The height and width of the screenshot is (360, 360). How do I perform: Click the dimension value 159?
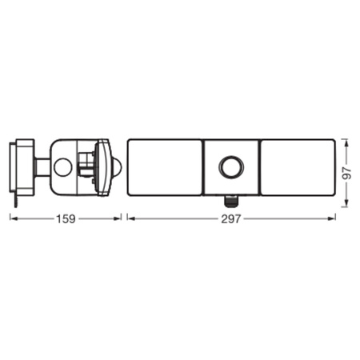[66, 219]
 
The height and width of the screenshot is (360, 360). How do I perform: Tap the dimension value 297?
[231, 219]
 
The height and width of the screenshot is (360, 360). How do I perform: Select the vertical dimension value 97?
[347, 174]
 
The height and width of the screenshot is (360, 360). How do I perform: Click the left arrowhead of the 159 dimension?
[14, 218]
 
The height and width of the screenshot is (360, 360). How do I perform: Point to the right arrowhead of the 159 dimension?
[118, 218]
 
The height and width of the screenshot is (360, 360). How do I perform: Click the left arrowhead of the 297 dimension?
[130, 218]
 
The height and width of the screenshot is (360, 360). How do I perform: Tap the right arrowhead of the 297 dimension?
[332, 218]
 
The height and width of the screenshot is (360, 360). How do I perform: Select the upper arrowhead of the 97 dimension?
[346, 143]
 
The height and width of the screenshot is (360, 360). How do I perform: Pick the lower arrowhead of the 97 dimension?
[346, 203]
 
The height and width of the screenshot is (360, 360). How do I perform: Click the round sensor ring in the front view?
[231, 167]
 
